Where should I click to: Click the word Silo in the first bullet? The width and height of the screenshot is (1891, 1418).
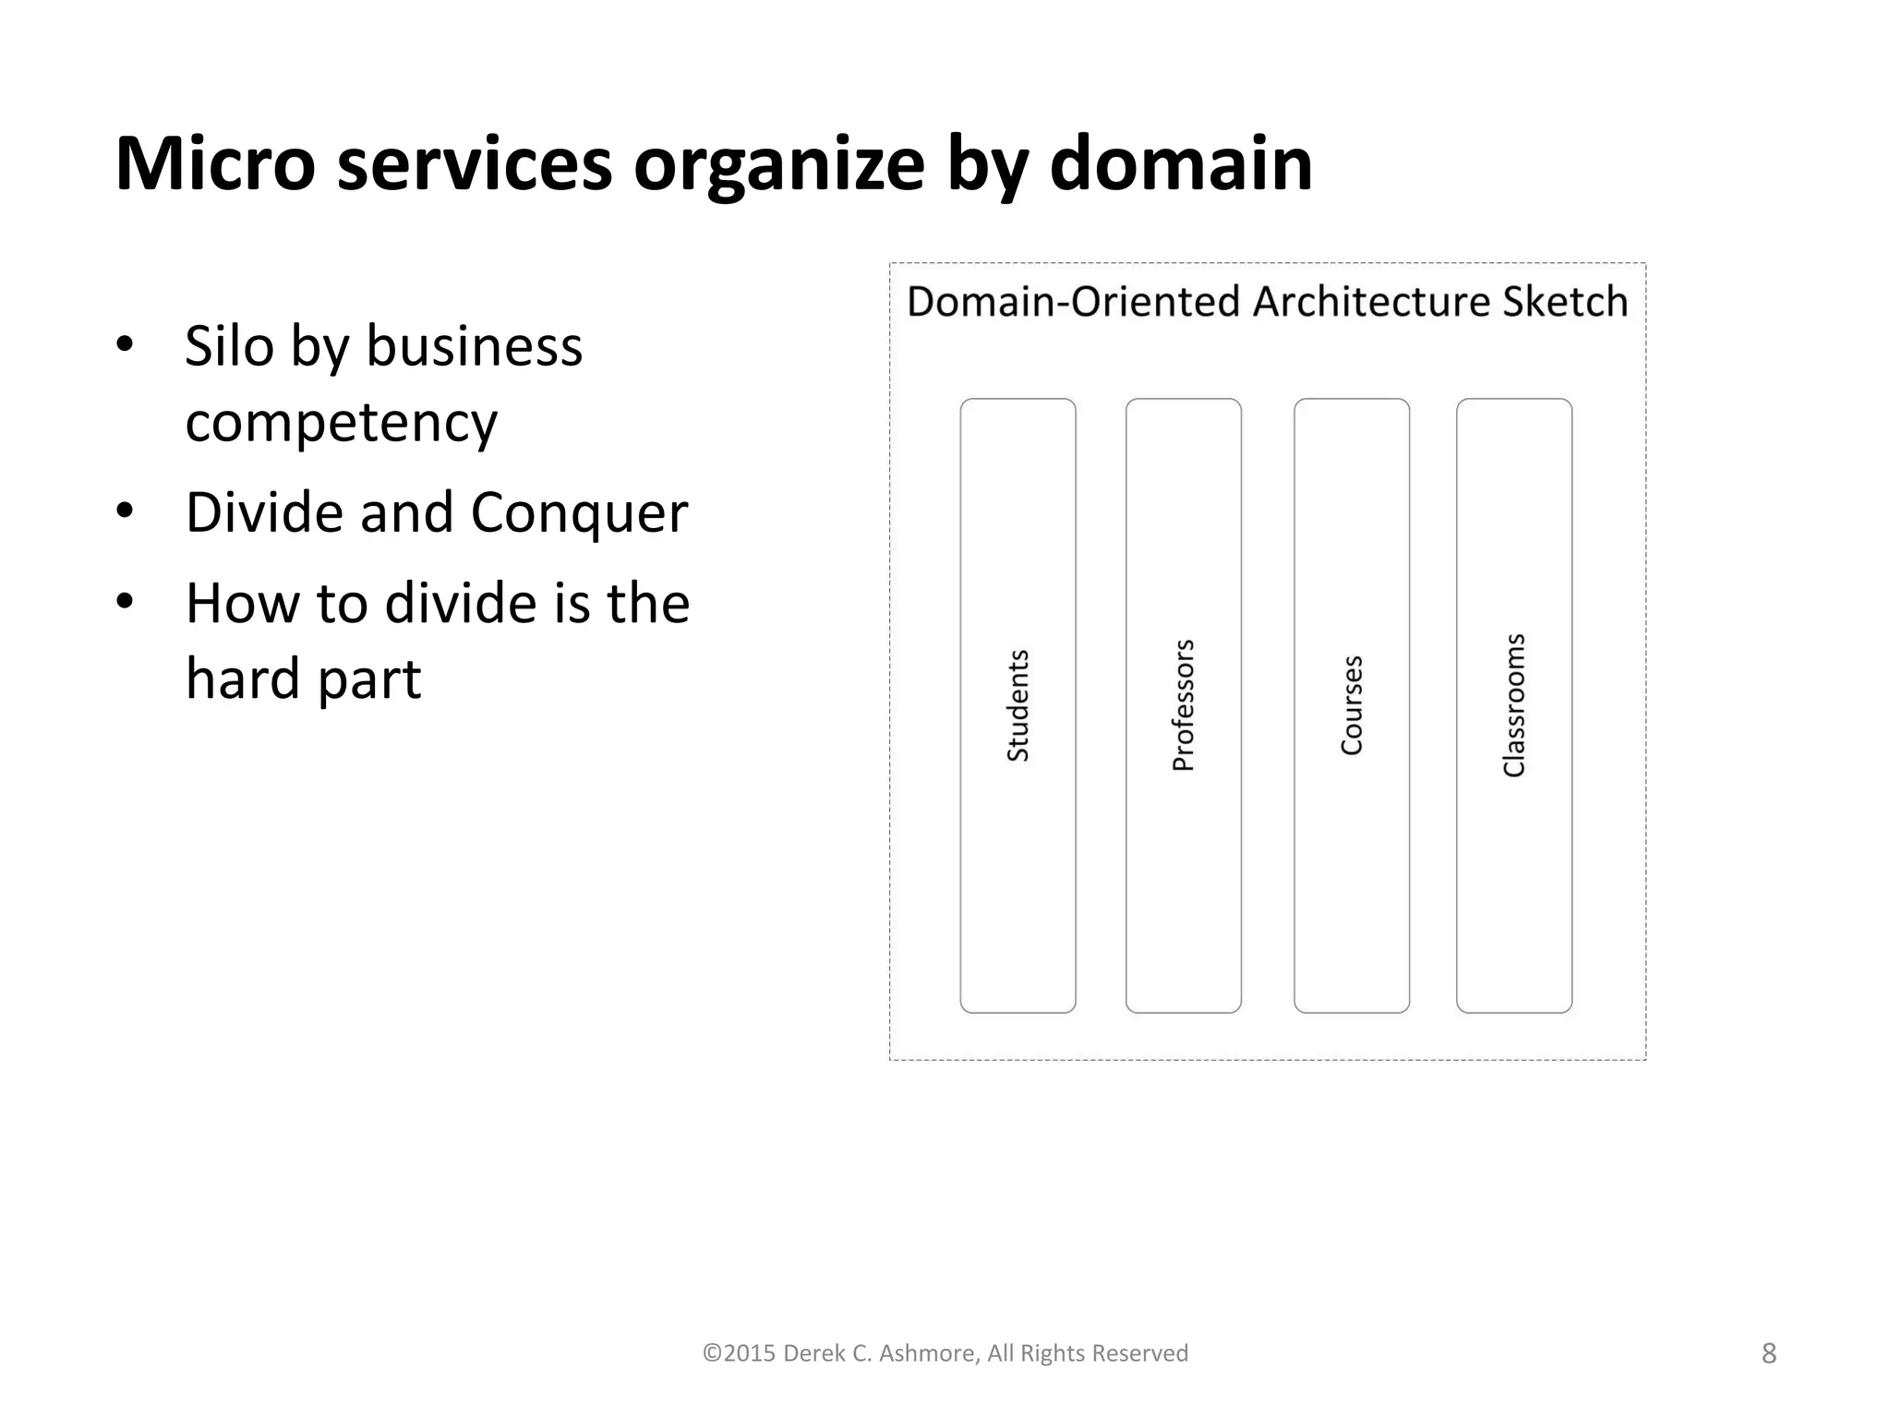pyautogui.click(x=228, y=346)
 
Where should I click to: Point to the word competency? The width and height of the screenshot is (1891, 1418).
pyautogui.click(x=341, y=424)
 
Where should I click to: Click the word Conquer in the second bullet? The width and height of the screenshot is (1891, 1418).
pyautogui.click(x=579, y=513)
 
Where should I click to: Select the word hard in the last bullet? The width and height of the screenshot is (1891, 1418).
pyautogui.click(x=242, y=679)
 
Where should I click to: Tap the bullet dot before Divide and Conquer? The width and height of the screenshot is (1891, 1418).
pyautogui.click(x=126, y=511)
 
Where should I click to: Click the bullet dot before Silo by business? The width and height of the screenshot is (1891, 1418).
pyautogui.click(x=126, y=344)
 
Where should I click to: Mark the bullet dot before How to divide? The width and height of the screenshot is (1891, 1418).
pyautogui.click(x=126, y=602)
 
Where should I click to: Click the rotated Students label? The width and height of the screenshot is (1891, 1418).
pyautogui.click(x=1018, y=706)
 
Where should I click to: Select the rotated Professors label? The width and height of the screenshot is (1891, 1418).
pyautogui.click(x=1184, y=706)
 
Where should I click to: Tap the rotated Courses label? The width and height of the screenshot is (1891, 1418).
pyautogui.click(x=1352, y=706)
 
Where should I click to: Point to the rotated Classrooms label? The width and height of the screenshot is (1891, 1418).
pyautogui.click(x=1514, y=706)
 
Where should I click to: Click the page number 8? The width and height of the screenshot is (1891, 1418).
pyautogui.click(x=1768, y=1353)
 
